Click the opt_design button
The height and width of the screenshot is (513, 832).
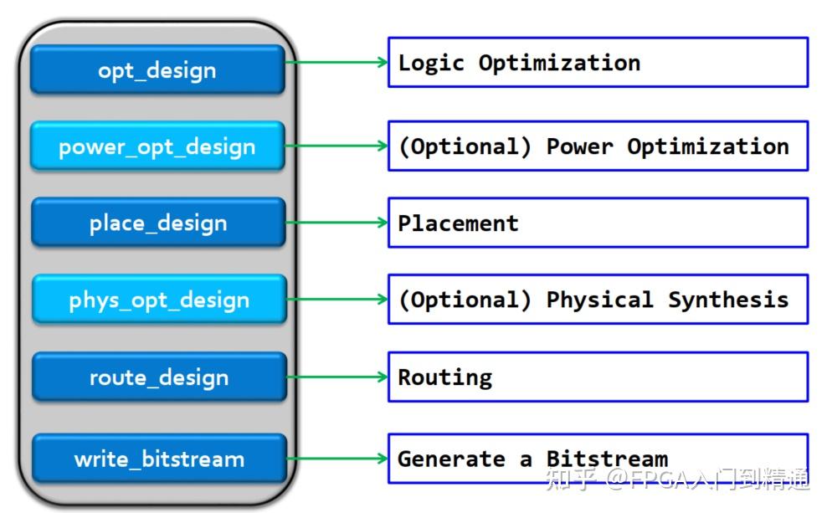click(157, 69)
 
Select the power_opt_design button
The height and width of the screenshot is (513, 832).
click(157, 146)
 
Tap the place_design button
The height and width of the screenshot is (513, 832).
click(159, 223)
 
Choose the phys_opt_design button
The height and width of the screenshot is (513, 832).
click(159, 300)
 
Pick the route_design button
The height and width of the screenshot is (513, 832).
click(159, 377)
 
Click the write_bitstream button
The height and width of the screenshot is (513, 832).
click(159, 459)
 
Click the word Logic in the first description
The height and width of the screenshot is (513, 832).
click(431, 64)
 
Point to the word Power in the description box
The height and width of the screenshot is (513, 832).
click(579, 146)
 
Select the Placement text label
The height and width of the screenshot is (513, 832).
click(458, 223)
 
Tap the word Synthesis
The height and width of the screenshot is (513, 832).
click(728, 300)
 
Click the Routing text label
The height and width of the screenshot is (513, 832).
click(445, 377)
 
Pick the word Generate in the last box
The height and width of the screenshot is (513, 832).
click(451, 459)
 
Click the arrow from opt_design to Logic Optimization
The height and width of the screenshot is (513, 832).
click(336, 62)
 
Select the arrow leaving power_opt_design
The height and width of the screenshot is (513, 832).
click(336, 146)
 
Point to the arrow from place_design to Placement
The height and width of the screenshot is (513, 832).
click(337, 223)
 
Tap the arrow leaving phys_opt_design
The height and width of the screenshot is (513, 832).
click(337, 300)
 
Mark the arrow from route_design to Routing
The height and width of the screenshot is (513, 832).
click(337, 377)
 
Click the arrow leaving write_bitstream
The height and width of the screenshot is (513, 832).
click(337, 459)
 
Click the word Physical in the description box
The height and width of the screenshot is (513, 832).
click(599, 300)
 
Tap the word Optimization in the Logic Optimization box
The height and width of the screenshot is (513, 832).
click(559, 64)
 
